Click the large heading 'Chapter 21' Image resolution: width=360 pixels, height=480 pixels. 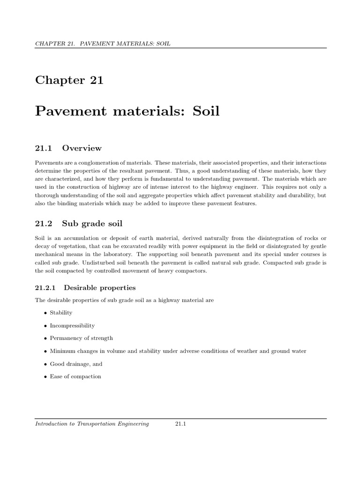pyautogui.click(x=69, y=80)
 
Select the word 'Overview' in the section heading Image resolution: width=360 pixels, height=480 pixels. pyautogui.click(x=82, y=148)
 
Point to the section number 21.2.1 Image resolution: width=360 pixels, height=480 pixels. pyautogui.click(x=45, y=287)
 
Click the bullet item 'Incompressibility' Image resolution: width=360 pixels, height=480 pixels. pyautogui.click(x=72, y=325)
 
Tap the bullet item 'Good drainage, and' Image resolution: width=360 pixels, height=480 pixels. pyautogui.click(x=76, y=364)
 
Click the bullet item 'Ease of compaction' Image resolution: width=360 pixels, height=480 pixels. pyautogui.click(x=75, y=376)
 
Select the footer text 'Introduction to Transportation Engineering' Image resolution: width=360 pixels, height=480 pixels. pyautogui.click(x=92, y=424)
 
